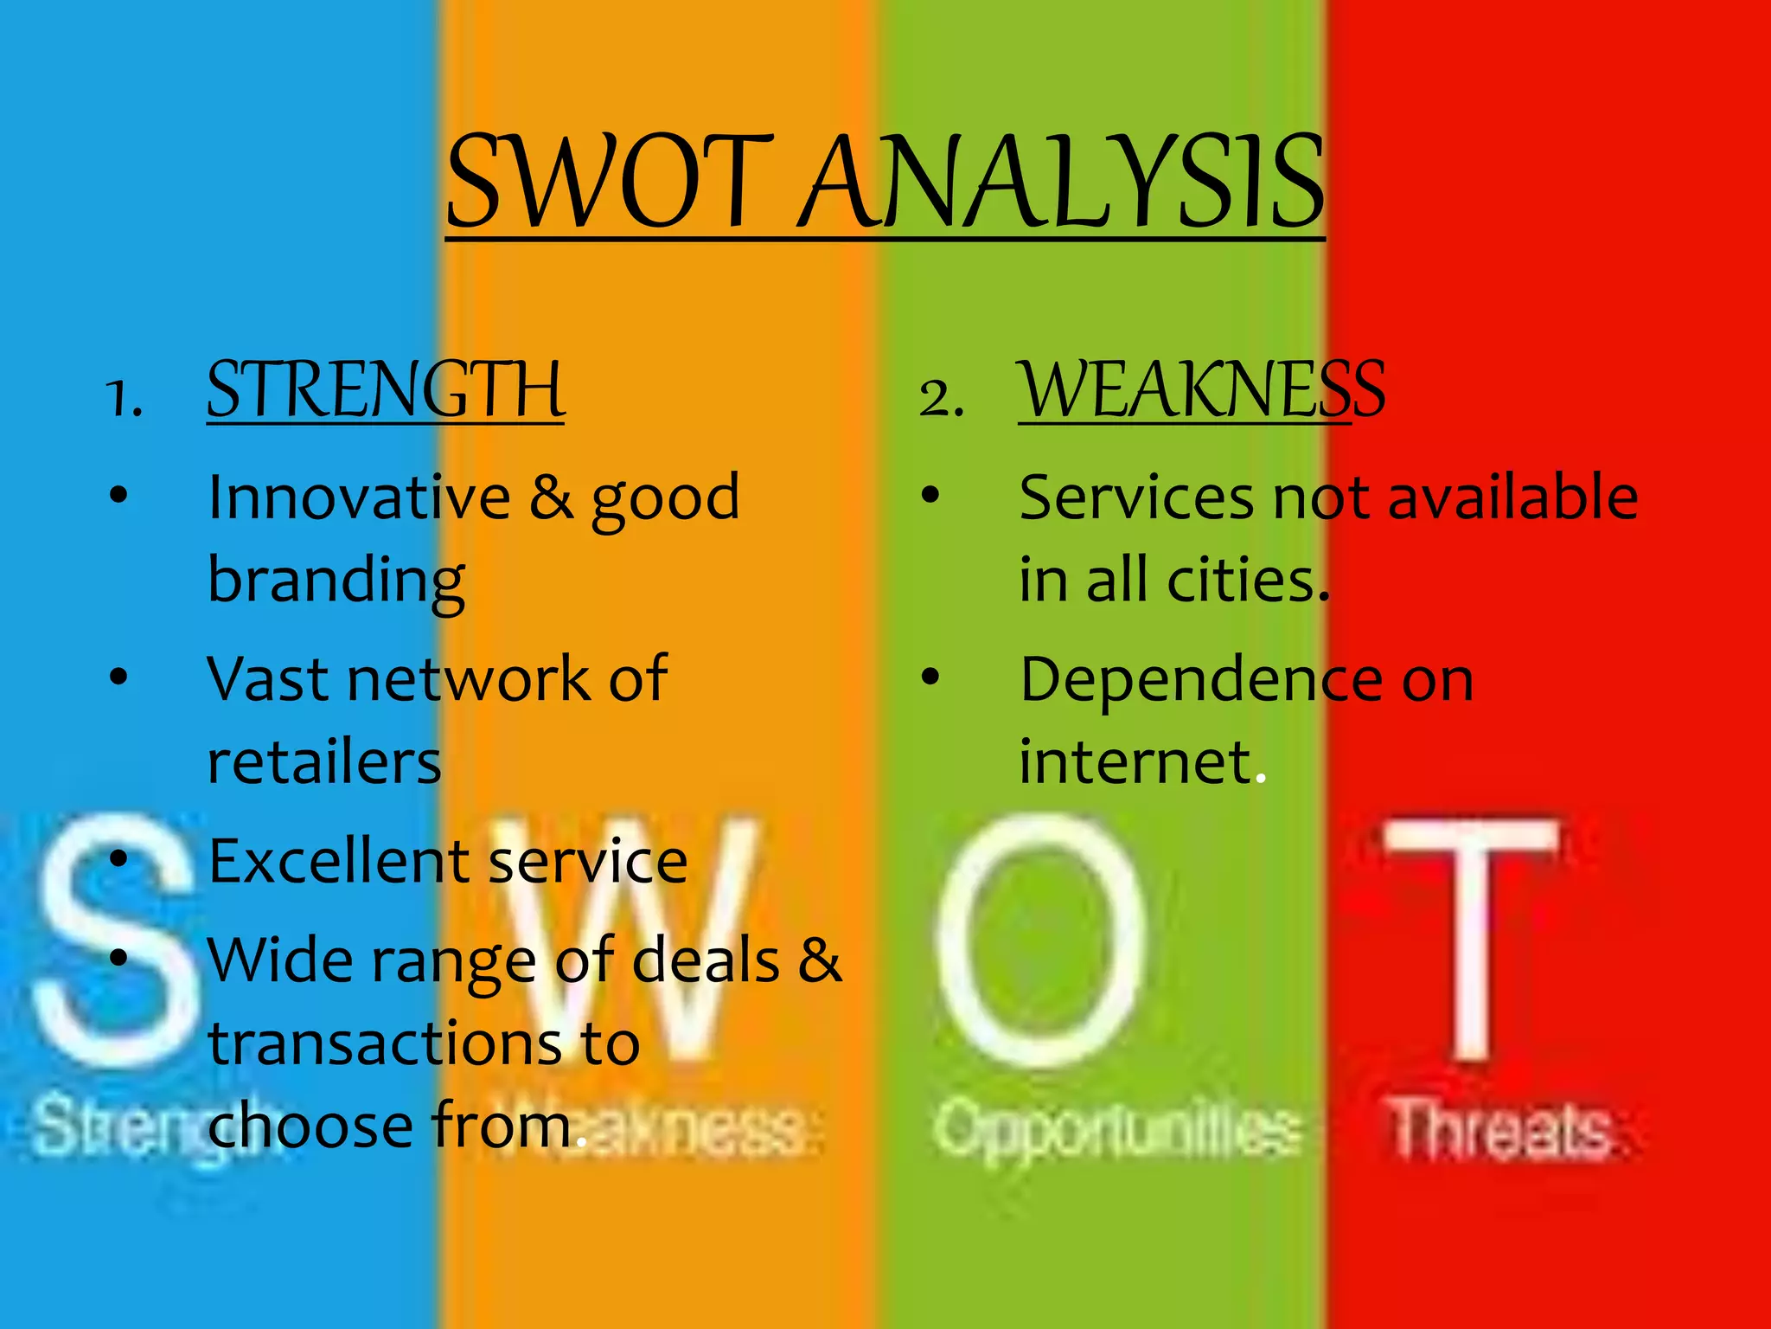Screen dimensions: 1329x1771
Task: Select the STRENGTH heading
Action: coord(386,390)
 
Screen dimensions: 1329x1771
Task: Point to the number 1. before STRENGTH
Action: coord(125,400)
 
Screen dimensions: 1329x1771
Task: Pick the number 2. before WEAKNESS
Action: coord(941,400)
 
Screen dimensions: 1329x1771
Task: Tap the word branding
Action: coord(336,581)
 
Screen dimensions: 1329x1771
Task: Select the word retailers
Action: coord(324,762)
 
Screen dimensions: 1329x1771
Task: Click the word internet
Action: coord(1135,762)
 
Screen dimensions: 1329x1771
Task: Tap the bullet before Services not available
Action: coord(930,496)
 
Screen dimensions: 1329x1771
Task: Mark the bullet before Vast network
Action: coord(118,677)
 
